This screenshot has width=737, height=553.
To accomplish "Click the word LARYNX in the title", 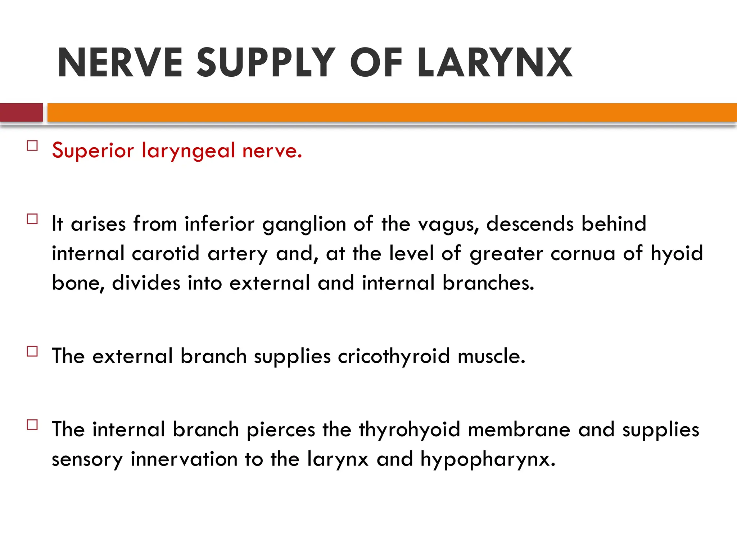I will click(x=494, y=63).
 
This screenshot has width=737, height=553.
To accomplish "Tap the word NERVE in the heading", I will click(x=120, y=63).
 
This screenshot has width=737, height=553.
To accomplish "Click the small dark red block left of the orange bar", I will click(x=21, y=112).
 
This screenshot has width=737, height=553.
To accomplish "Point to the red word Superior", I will click(x=93, y=150).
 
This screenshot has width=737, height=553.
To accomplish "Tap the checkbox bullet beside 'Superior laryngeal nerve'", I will click(x=32, y=146).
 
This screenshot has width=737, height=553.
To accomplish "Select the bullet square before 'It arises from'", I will click(x=32, y=219).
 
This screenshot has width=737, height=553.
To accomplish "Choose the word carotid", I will click(x=166, y=253).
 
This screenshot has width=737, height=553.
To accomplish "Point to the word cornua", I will click(x=583, y=254).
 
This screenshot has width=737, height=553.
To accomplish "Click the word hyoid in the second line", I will click(x=677, y=254).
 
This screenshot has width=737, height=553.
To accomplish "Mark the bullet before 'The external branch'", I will click(x=32, y=351).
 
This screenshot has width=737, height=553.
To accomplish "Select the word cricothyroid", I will click(x=394, y=356).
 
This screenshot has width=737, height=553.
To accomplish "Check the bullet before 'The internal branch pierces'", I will click(x=32, y=425).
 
